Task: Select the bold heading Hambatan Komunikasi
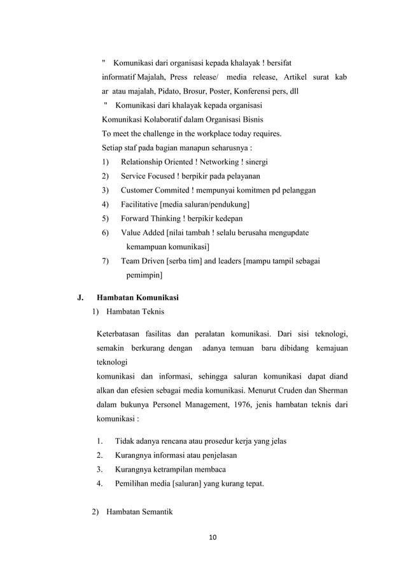137,297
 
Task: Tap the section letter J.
80,297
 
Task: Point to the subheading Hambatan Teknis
135,312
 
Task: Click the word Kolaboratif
164,119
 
